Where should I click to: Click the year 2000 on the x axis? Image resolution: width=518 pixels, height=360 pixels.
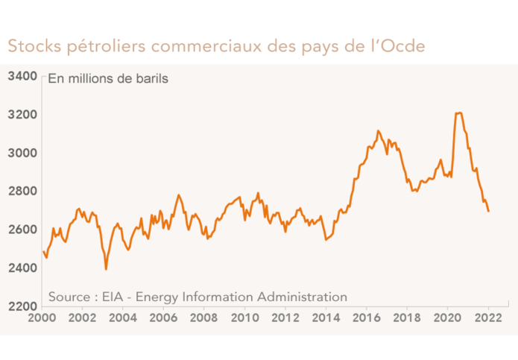[x=42, y=318]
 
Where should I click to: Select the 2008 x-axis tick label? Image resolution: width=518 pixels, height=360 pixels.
[x=204, y=318]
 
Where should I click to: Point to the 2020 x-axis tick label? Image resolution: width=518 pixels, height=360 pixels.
[x=447, y=318]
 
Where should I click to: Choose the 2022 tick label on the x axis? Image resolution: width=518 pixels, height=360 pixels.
[x=488, y=318]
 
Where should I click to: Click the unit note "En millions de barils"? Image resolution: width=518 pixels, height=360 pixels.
[x=108, y=78]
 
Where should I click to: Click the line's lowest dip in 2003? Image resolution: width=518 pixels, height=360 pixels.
[x=106, y=268]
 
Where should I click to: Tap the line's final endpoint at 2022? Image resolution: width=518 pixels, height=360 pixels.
[x=488, y=211]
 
